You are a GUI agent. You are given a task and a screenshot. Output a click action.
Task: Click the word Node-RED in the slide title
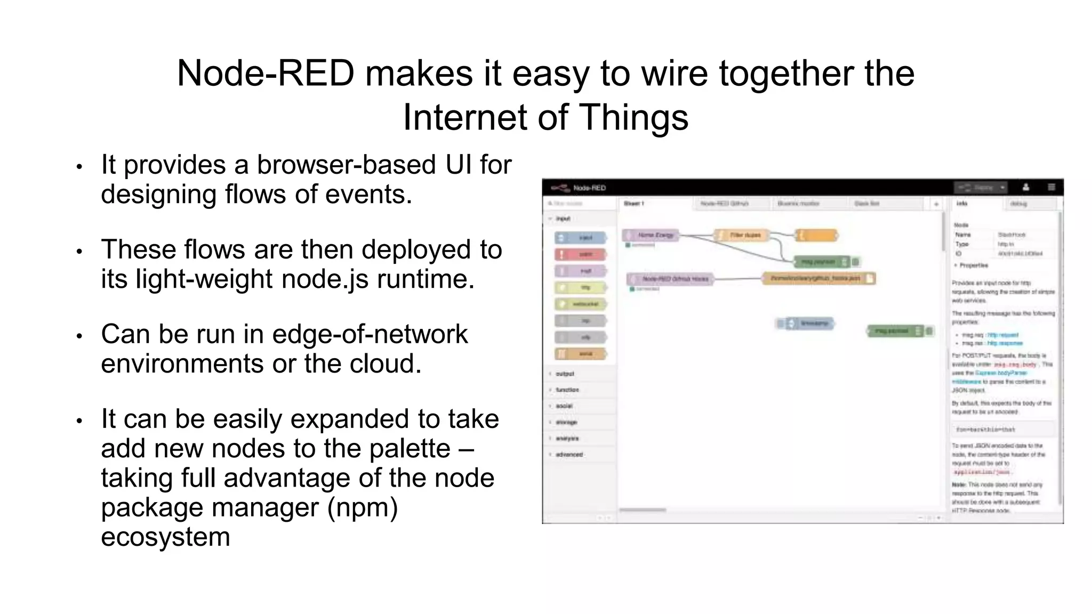click(265, 73)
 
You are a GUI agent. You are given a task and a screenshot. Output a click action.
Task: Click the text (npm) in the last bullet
click(363, 507)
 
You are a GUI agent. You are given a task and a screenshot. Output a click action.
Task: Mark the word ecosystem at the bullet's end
click(165, 537)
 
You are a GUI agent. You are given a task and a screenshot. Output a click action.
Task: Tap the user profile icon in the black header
click(1025, 188)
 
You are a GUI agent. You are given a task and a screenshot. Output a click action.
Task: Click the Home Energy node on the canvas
click(651, 235)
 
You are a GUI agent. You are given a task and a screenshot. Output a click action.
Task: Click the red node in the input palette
click(581, 254)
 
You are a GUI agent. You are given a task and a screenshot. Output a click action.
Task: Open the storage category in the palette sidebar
click(566, 422)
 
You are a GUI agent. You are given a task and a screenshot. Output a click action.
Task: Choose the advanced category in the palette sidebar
click(569, 455)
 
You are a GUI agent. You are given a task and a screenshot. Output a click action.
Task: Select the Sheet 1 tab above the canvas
click(634, 204)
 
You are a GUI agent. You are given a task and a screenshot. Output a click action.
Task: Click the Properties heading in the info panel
click(973, 265)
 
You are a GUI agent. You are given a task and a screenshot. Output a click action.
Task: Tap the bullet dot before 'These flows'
click(79, 251)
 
